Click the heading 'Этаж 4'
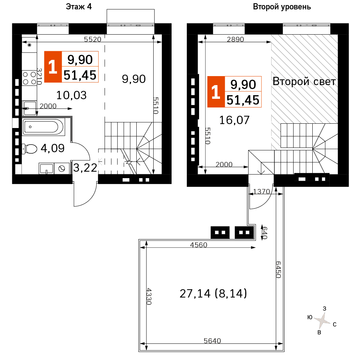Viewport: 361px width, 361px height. [79, 7]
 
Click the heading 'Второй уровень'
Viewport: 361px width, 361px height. [282, 7]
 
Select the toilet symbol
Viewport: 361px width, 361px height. [30, 149]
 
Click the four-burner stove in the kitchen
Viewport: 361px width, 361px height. [30, 78]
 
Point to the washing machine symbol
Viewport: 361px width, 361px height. [62, 169]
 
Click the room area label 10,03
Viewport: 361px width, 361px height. [71, 95]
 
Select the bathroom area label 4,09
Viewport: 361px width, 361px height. [53, 148]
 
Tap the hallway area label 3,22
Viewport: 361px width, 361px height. [85, 168]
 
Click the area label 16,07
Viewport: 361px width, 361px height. [234, 120]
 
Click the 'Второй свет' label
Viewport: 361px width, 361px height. [304, 82]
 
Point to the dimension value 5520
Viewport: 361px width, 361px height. [93, 39]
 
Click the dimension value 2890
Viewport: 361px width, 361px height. [235, 39]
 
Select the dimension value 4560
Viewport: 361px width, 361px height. [199, 245]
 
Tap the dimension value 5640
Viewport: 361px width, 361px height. [212, 341]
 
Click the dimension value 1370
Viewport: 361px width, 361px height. [261, 191]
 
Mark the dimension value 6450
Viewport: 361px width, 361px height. [278, 270]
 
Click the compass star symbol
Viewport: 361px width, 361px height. [322, 320]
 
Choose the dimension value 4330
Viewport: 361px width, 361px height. [149, 296]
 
